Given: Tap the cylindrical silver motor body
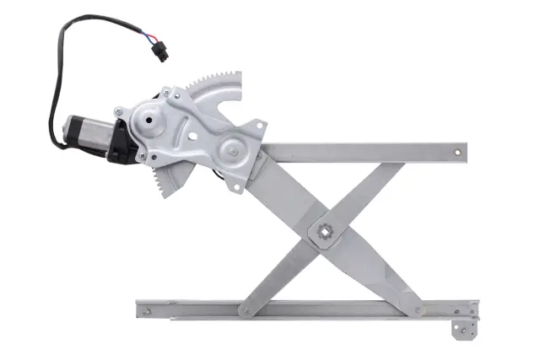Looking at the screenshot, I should coord(84,134).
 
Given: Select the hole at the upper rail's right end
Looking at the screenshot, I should coord(457,153).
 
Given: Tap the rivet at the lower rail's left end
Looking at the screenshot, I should coord(148,312).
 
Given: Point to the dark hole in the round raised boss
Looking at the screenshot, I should coord(150,119).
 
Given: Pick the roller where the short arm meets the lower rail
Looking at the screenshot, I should coord(246,309).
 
